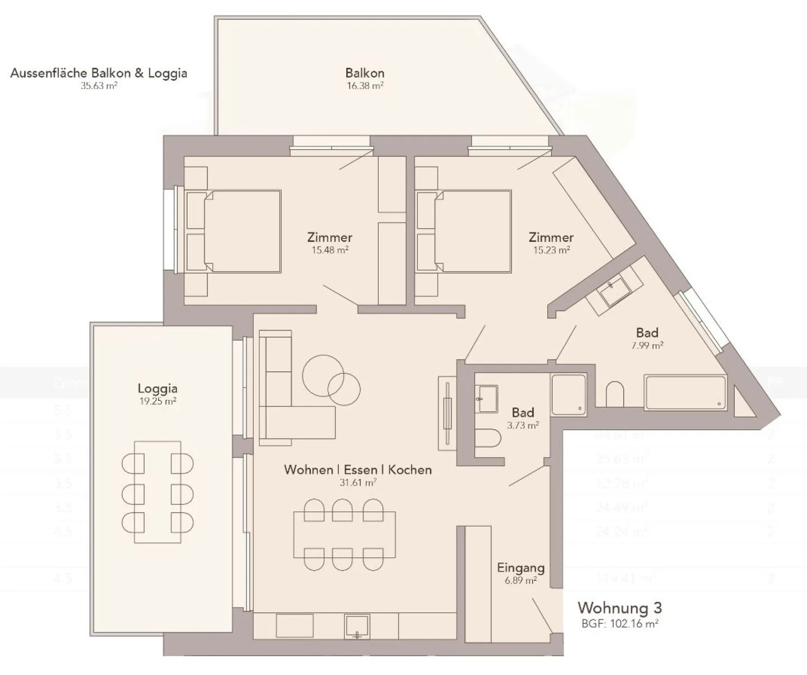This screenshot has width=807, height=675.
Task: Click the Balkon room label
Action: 365,73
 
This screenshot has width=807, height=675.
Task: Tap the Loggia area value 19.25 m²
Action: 157,401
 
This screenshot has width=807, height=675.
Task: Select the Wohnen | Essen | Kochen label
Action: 358,469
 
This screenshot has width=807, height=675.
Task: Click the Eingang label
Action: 521,568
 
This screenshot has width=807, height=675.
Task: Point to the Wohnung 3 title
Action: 619,608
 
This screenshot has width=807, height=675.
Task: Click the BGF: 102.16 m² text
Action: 619,623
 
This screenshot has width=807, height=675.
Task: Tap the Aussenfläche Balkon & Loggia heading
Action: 99,73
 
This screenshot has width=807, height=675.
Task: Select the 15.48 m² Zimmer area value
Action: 330,250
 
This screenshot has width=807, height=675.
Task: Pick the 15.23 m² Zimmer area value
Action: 551,250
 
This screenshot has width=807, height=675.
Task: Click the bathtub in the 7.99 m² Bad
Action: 685,392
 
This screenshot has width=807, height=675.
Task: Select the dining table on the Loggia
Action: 157,492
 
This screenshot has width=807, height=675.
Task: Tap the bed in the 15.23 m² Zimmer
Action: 472,231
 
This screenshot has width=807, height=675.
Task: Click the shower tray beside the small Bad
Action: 568,395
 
